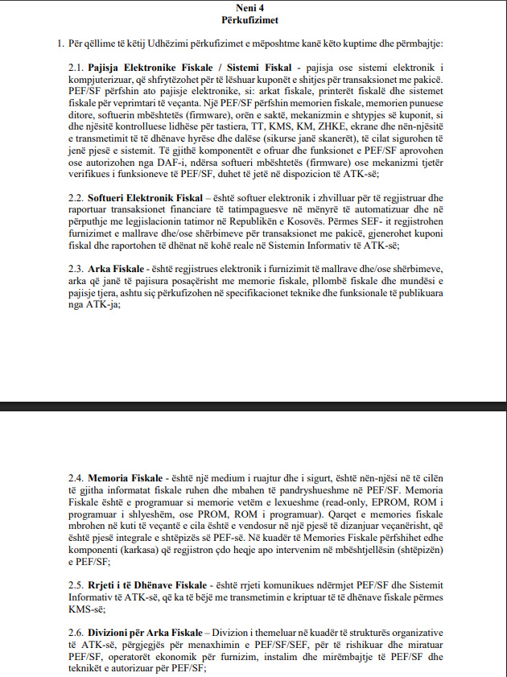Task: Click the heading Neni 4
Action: click(253, 7)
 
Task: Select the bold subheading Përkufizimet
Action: click(253, 19)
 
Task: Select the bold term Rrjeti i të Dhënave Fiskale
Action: click(150, 584)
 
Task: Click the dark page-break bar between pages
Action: click(253, 406)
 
